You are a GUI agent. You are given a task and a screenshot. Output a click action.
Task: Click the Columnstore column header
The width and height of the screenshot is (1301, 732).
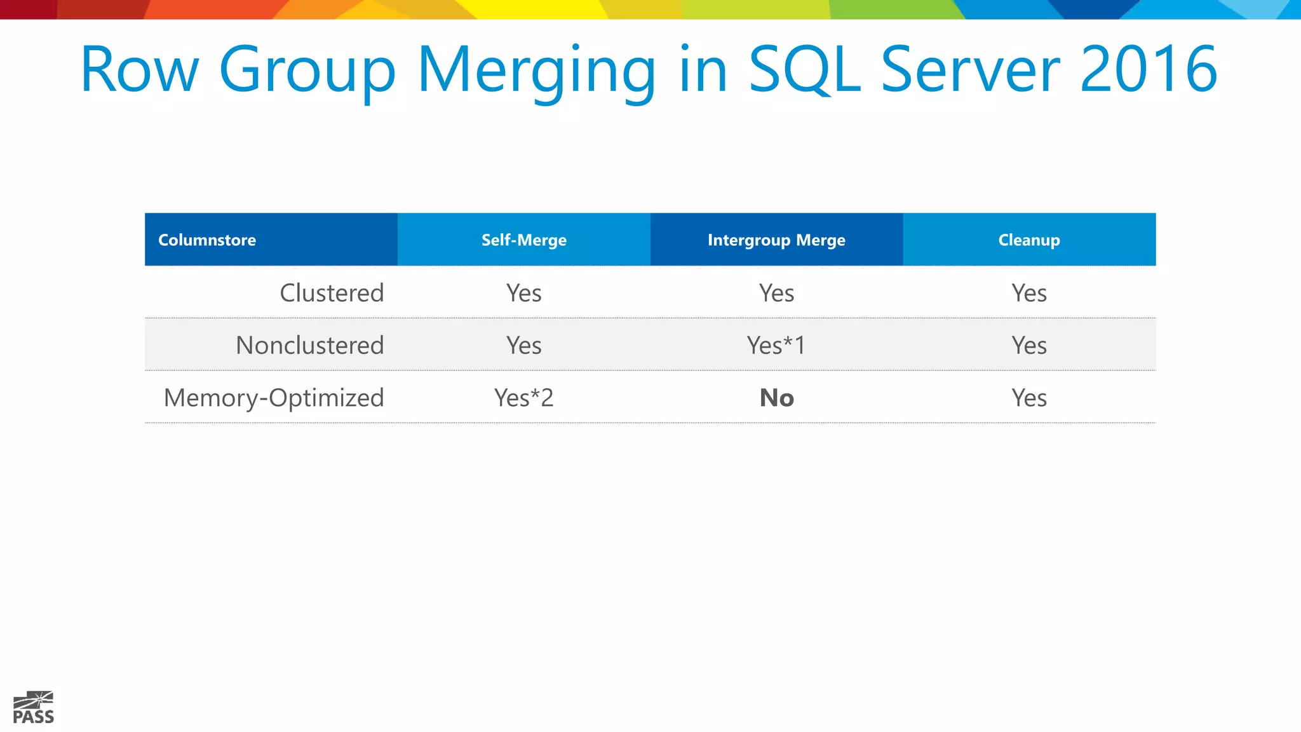pos(207,240)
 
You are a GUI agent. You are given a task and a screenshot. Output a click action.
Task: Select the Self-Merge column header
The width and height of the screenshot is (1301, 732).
pos(524,240)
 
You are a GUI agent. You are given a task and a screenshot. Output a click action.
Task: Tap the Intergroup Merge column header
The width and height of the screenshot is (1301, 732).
pos(776,240)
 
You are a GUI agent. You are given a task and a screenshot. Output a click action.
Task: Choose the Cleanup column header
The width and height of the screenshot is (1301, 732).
pos(1029,240)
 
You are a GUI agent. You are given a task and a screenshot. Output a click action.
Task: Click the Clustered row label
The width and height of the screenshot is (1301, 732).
pos(332,293)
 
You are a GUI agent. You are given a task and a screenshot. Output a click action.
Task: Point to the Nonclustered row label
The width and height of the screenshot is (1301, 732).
pos(310,346)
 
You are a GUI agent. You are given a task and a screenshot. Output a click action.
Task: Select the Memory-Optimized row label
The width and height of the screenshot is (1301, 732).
pos(274,398)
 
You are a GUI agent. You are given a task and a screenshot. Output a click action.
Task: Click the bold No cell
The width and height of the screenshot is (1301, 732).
pos(777,398)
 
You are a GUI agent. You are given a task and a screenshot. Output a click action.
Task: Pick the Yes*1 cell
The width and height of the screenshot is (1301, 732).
pos(776,346)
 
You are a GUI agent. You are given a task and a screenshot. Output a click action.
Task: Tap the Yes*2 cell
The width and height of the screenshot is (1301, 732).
pos(524,398)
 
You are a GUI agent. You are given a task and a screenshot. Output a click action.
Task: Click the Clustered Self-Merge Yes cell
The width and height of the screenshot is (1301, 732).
pos(524,293)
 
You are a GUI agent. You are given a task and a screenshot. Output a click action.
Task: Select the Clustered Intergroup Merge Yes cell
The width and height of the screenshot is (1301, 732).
pos(776,293)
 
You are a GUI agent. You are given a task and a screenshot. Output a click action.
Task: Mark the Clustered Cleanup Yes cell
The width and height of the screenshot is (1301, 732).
pos(1029,293)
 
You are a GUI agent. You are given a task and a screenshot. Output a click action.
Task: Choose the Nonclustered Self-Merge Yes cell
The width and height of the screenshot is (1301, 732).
pos(524,346)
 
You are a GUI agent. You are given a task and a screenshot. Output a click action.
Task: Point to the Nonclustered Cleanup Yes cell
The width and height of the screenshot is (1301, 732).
pos(1029,346)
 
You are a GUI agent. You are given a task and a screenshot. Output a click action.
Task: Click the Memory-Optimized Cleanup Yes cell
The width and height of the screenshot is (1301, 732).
pos(1029,398)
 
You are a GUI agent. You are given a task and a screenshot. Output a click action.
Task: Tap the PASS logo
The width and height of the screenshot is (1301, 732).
pos(34,707)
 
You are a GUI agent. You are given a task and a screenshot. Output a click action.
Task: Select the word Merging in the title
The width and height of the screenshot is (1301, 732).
pos(537,70)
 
